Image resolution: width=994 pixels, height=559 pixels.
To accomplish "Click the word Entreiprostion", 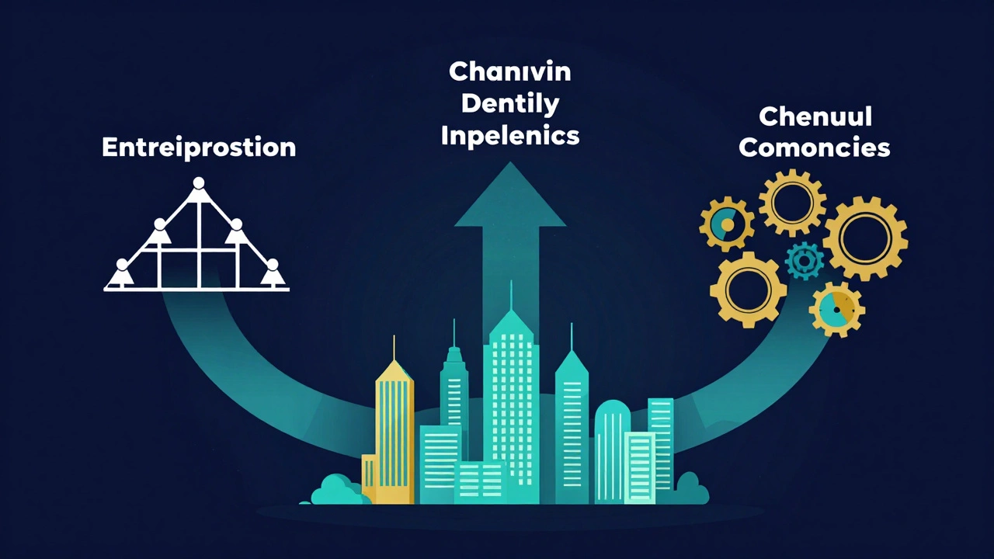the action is pos(199,148).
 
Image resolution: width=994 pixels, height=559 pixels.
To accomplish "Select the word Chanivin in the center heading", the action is pos(510,71).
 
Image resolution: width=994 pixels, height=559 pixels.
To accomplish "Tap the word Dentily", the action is pos(510,105).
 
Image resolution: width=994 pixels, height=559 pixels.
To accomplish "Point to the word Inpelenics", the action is pos(510,135).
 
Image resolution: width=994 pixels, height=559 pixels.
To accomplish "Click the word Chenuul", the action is pos(815,116).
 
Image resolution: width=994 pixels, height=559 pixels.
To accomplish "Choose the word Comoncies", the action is pos(815,148).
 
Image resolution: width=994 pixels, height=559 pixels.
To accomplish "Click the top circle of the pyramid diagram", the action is pos(199,182).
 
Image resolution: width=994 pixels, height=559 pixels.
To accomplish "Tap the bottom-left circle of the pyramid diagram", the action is pos(122,265).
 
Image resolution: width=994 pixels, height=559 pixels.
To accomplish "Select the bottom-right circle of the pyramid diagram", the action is pos(273,265).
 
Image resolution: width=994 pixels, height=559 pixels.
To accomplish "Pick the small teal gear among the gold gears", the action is pos(804,260).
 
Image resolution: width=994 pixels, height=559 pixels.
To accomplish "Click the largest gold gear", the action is pos(865,238).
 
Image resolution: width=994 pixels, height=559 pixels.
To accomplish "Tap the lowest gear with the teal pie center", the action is pos(836,309).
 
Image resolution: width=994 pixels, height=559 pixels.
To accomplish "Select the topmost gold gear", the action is pos(792,203).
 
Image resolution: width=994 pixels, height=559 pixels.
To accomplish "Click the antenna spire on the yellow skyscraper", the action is pos(394,348).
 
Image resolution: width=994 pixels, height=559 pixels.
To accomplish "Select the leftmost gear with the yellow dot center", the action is pos(726,224).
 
